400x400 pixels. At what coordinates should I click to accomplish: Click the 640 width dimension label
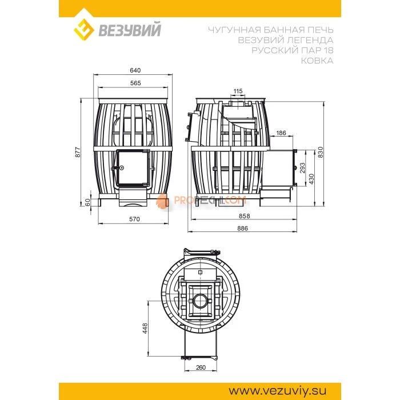tap(135, 70)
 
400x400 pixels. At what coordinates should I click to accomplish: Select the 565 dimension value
tap(135, 83)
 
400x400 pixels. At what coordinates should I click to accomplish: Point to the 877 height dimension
tap(78, 152)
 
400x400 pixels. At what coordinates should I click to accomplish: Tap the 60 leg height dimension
tap(88, 202)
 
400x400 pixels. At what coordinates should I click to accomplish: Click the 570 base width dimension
tap(134, 219)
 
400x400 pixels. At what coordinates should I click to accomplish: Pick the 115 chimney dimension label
tap(238, 91)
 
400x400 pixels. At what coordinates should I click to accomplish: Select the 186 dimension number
tap(281, 133)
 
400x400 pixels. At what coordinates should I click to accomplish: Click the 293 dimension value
tap(302, 168)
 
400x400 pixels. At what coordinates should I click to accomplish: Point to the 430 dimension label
tap(311, 179)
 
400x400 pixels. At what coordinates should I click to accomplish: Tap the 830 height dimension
tap(321, 152)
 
